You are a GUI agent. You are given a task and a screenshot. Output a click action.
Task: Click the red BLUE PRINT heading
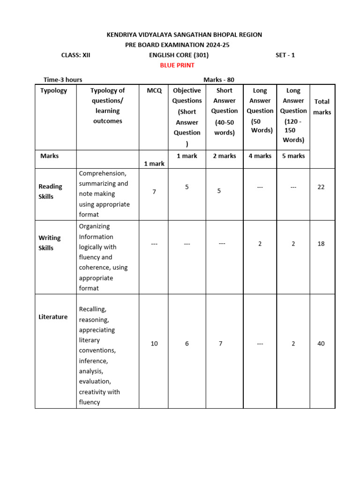tap(177, 65)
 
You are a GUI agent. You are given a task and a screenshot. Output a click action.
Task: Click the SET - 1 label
tap(285, 55)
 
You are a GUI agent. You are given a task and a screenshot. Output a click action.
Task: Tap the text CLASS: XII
tap(76, 55)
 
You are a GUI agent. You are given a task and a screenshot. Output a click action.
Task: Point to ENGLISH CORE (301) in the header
tap(176, 55)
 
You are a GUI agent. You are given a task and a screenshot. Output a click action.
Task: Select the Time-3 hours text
tap(63, 80)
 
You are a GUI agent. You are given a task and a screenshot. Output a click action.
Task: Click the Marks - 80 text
tap(219, 80)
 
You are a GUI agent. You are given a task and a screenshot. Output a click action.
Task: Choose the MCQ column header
tap(154, 90)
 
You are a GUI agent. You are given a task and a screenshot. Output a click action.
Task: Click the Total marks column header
tap(322, 107)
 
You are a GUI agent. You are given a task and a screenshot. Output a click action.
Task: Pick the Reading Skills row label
tap(50, 191)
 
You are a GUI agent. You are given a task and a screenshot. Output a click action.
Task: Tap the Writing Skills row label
tap(50, 243)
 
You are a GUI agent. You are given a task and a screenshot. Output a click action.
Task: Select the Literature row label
tap(53, 317)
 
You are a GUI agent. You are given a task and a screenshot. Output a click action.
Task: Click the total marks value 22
tap(321, 187)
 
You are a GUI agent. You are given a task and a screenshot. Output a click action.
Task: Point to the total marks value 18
tap(321, 244)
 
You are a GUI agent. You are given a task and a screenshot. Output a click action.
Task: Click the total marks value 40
tap(321, 344)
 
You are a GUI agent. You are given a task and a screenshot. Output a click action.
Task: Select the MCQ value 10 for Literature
tap(154, 344)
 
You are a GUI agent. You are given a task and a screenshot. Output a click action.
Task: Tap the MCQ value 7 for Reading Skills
tap(154, 192)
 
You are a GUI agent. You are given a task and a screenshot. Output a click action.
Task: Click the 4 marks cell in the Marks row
tap(260, 156)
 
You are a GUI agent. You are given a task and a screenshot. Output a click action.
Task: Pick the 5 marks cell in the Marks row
tap(293, 156)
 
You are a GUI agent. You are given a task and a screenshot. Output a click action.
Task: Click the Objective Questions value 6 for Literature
tap(187, 344)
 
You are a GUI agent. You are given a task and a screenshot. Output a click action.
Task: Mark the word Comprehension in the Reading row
tap(103, 173)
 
